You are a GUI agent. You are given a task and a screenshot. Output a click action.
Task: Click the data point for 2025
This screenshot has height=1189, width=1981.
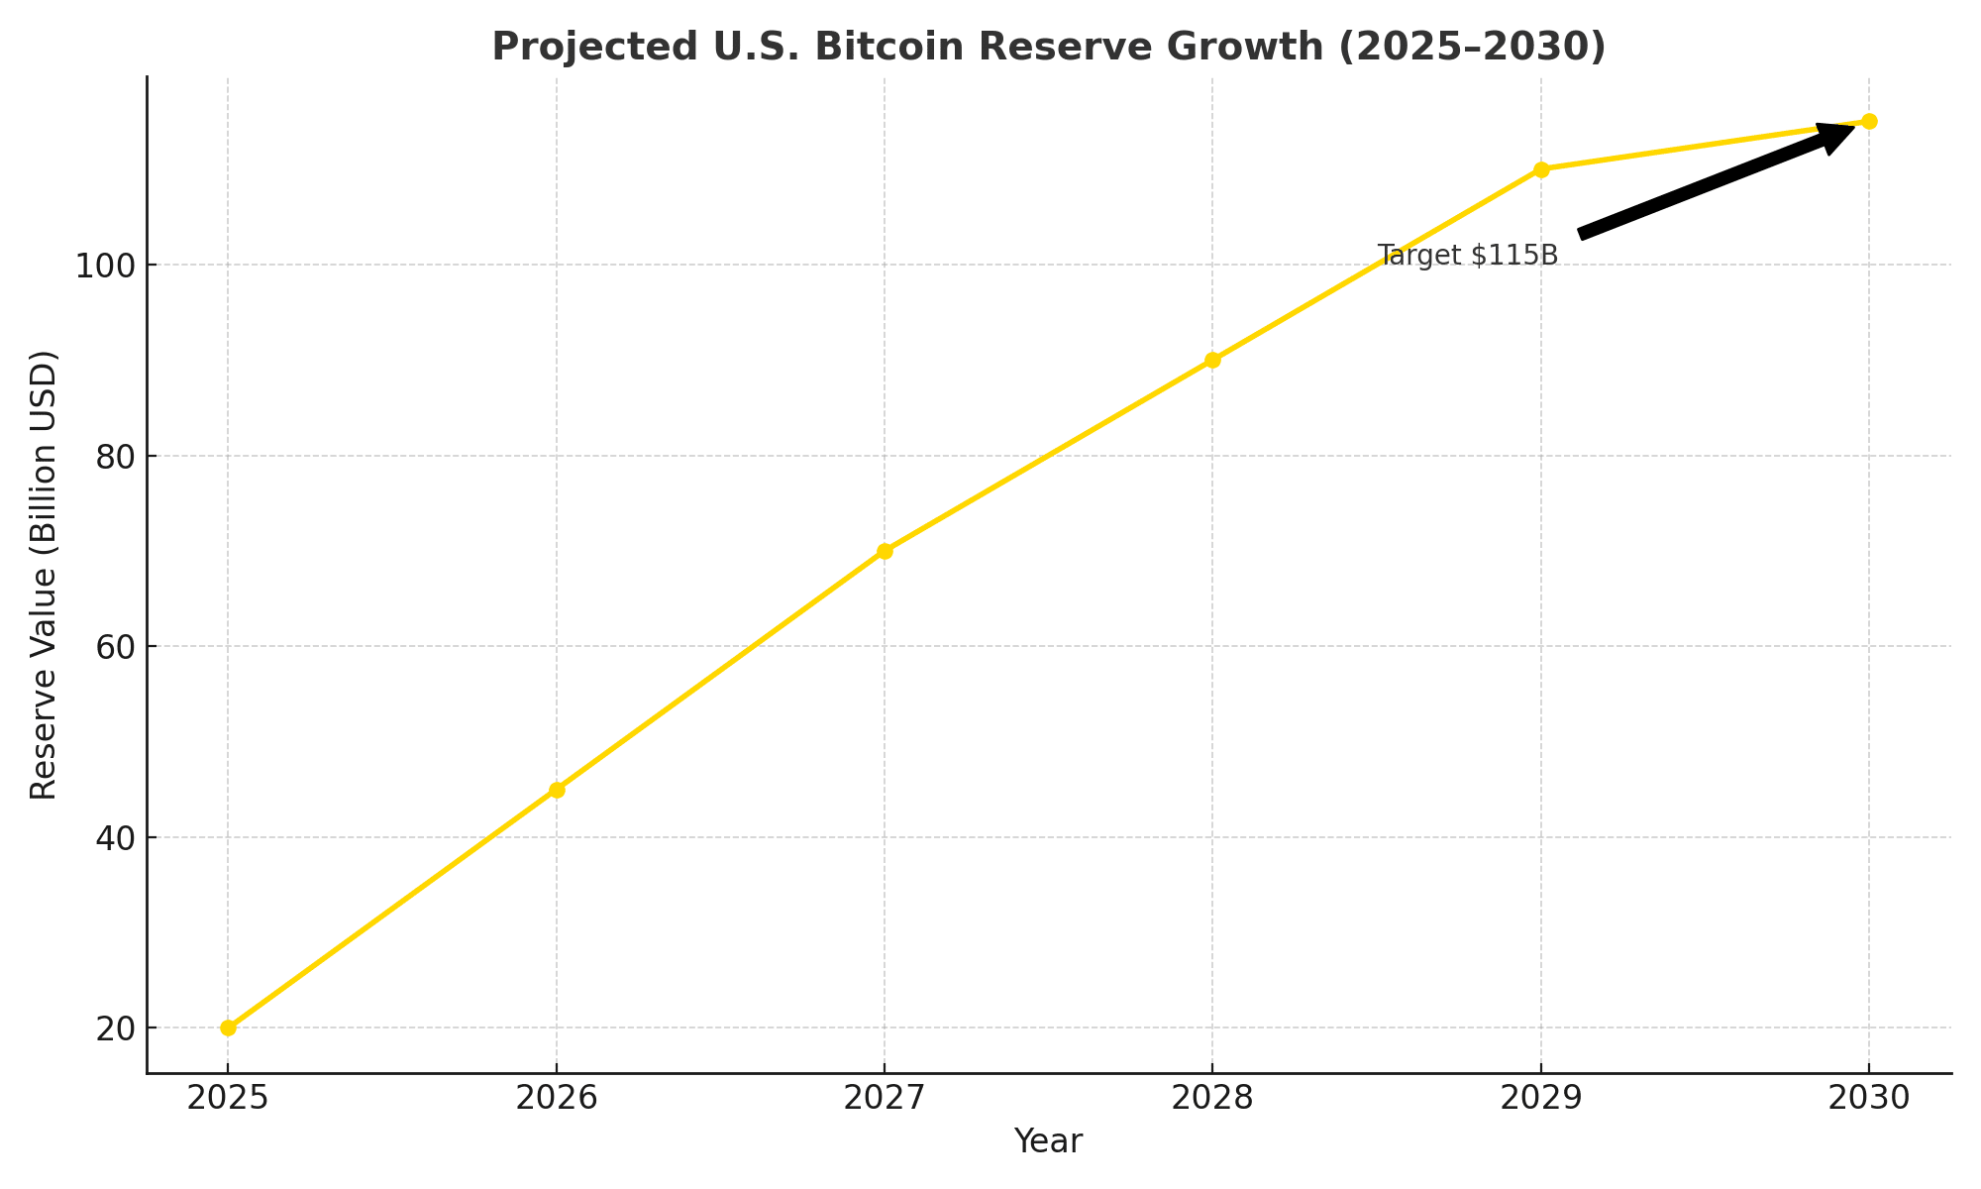pyautogui.click(x=228, y=1027)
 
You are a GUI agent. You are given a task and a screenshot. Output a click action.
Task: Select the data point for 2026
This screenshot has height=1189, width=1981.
pyautogui.click(x=557, y=790)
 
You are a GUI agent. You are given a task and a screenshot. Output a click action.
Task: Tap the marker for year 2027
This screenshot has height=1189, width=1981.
pyautogui.click(x=885, y=551)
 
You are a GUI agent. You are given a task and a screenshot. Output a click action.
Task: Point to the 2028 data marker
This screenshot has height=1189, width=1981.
pyautogui.click(x=1212, y=360)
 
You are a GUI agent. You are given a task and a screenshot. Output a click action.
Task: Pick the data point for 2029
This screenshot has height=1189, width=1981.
pyautogui.click(x=1541, y=169)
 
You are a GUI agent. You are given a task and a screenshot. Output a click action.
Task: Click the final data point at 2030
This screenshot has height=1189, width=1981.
pyautogui.click(x=1869, y=122)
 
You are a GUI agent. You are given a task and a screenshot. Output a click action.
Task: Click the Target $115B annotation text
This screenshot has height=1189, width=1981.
pyautogui.click(x=1467, y=256)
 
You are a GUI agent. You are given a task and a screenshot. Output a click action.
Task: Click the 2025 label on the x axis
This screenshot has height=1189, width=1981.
pyautogui.click(x=228, y=1098)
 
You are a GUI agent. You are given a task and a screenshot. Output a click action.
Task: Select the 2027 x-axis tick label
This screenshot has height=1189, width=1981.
pyautogui.click(x=885, y=1098)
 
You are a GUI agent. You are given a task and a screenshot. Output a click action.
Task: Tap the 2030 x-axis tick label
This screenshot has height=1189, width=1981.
pyautogui.click(x=1869, y=1098)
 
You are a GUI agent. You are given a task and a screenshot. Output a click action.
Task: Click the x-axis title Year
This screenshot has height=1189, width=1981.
pyautogui.click(x=1048, y=1141)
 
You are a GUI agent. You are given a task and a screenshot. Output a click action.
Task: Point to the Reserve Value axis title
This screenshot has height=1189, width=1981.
pyautogui.click(x=44, y=575)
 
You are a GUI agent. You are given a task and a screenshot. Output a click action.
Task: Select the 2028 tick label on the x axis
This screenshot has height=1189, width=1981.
pyautogui.click(x=1212, y=1098)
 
